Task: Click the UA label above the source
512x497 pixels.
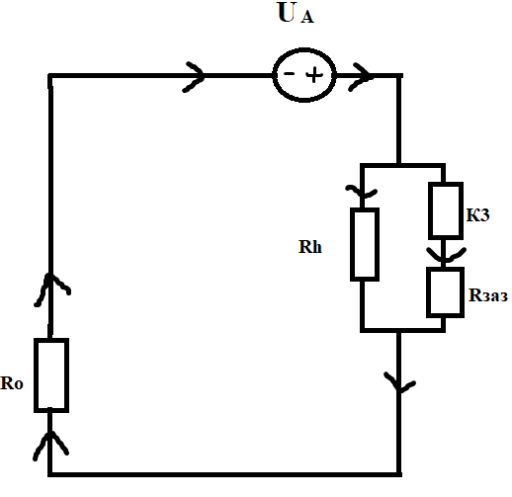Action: (296, 13)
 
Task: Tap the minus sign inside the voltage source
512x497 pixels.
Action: (289, 74)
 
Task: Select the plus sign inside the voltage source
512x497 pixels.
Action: (314, 75)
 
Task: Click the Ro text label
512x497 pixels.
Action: (12, 383)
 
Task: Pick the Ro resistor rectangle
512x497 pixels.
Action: (51, 375)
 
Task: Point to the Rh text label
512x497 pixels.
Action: (309, 247)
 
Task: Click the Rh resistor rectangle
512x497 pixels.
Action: (365, 244)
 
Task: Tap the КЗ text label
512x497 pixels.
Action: (477, 215)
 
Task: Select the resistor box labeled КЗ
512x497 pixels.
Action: (446, 210)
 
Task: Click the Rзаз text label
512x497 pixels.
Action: (488, 295)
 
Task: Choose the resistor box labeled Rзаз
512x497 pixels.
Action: (445, 292)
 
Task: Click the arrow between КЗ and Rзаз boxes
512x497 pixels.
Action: (445, 254)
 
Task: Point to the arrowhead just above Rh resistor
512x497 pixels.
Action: (362, 192)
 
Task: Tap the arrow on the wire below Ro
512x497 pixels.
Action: (50, 445)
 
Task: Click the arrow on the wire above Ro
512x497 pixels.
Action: (50, 290)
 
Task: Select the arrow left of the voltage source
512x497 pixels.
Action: (195, 76)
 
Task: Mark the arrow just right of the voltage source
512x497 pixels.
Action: (361, 77)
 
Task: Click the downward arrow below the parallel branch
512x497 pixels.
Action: (399, 383)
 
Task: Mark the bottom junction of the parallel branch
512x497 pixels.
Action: (398, 330)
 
